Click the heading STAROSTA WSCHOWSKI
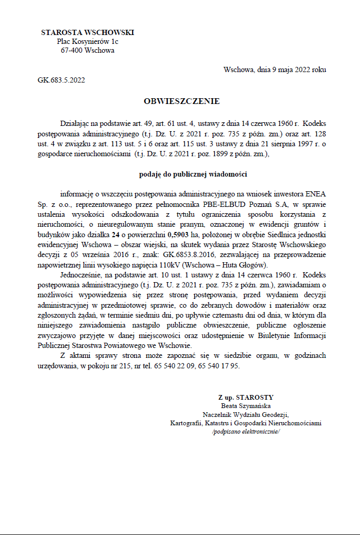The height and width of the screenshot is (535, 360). tap(87, 32)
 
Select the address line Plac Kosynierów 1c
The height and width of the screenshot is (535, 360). tap(87, 41)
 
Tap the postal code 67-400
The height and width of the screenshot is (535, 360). tap(71, 51)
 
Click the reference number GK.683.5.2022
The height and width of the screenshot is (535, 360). tap(61, 80)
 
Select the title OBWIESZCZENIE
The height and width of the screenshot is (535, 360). tap(181, 101)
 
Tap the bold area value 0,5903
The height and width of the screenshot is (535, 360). tap(178, 236)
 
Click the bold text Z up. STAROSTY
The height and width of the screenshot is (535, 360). tap(246, 397)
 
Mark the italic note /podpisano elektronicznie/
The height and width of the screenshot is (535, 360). tap(246, 432)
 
